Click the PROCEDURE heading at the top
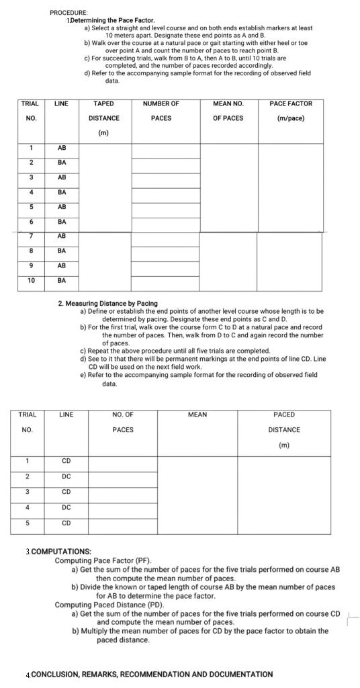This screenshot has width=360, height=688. pos(68,13)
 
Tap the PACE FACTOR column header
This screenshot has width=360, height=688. pos(290,111)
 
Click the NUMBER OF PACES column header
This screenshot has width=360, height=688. pos(161,111)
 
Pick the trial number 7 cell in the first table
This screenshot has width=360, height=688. pos(30,236)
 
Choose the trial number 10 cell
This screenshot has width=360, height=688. pos(30,280)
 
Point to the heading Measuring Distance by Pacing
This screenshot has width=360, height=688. pos(107,304)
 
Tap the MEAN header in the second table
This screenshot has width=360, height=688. pos(197,415)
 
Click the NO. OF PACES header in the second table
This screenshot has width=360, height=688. pos(123,422)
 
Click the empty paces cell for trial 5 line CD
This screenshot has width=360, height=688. pos(123,523)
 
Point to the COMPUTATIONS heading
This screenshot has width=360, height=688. pos(60,552)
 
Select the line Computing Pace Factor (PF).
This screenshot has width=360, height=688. pos(103,560)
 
